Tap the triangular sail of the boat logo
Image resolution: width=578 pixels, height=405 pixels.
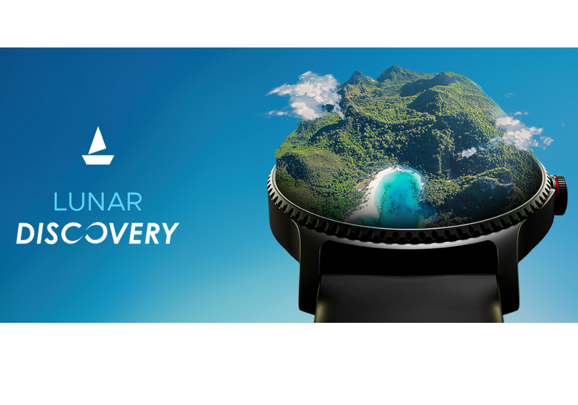[x=97, y=141]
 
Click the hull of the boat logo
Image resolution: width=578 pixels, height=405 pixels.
[x=98, y=160]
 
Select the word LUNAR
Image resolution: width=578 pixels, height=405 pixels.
[x=98, y=201]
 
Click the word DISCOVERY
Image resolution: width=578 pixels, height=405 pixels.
[x=98, y=233]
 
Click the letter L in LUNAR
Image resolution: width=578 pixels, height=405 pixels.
[x=60, y=201]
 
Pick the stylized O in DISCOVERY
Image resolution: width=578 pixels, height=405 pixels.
[x=98, y=233]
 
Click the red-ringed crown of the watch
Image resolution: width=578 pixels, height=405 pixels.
[x=560, y=195]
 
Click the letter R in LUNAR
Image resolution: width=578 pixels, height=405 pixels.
[x=134, y=201]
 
